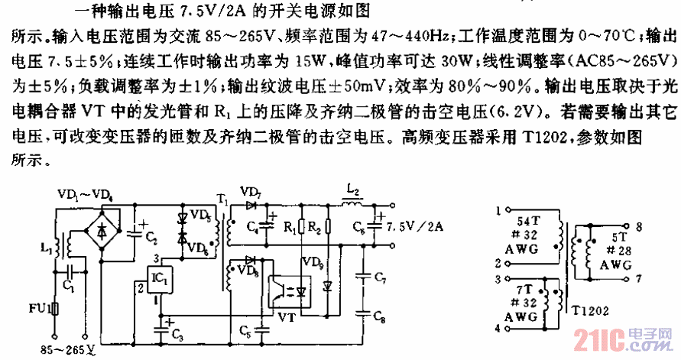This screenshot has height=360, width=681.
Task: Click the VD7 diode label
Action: (249, 190)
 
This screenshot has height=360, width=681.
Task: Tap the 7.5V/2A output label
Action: (417, 225)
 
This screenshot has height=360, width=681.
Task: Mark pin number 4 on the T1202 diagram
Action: (500, 329)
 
